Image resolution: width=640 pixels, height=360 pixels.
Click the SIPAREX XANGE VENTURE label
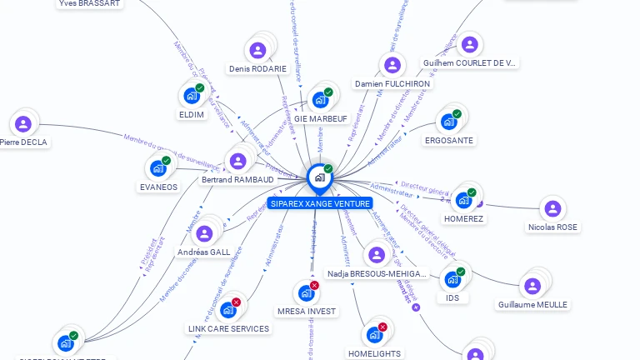pyautogui.click(x=320, y=203)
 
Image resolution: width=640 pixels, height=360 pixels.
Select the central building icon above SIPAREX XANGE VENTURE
pyautogui.click(x=319, y=177)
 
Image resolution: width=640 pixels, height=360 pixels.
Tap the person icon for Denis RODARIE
pyautogui.click(x=257, y=50)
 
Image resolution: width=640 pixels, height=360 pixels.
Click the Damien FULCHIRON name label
pyautogui.click(x=392, y=84)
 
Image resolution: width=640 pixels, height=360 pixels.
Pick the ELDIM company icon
pyautogui.click(x=192, y=96)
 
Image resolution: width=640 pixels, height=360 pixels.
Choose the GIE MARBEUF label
pyautogui.click(x=321, y=119)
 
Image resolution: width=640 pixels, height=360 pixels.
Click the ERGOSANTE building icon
pyautogui.click(x=449, y=122)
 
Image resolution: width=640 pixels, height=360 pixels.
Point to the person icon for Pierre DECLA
pyautogui.click(x=23, y=123)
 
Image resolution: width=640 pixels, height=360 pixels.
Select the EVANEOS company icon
pyautogui.click(x=158, y=168)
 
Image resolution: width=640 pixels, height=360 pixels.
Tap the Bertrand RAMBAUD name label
pyautogui.click(x=237, y=179)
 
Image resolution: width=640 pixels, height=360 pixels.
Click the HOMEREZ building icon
pyautogui.click(x=463, y=200)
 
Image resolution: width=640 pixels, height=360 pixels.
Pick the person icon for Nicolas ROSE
pyautogui.click(x=552, y=208)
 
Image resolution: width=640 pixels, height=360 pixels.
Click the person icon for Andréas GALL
pyautogui.click(x=204, y=233)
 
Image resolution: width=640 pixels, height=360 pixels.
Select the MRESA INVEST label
pyautogui.click(x=307, y=312)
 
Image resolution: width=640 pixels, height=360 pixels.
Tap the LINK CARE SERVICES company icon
pyautogui.click(x=227, y=310)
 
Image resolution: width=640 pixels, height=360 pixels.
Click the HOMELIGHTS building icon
pyautogui.click(x=374, y=335)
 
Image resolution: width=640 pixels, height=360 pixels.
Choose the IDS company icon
pyautogui.click(x=452, y=279)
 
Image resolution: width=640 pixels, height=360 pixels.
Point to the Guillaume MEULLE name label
pyautogui.click(x=532, y=305)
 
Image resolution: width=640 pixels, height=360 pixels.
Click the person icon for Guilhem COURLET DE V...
pyautogui.click(x=469, y=44)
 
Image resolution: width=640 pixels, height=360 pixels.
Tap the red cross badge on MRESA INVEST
pyautogui.click(x=314, y=285)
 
